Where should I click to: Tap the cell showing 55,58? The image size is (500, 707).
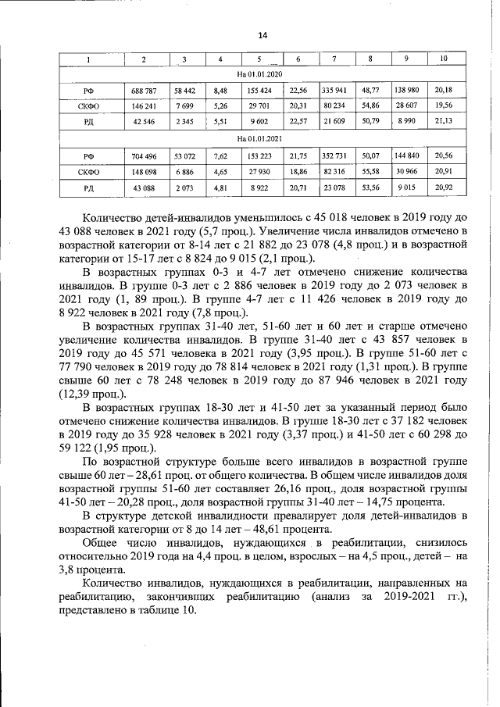[x=370, y=170]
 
